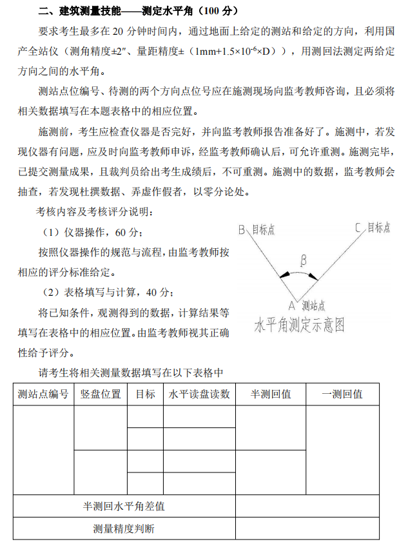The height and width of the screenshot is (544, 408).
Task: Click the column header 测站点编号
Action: [x=43, y=394]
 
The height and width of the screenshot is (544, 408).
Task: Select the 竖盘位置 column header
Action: [x=100, y=394]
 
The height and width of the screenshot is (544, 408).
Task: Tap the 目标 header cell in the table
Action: [x=145, y=394]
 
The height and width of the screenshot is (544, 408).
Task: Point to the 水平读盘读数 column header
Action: [x=199, y=394]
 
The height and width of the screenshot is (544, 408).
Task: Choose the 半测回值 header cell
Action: [x=271, y=394]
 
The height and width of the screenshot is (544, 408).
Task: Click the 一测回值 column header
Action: [x=342, y=394]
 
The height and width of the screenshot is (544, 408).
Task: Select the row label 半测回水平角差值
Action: [x=124, y=506]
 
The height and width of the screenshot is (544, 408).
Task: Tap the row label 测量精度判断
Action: [x=124, y=529]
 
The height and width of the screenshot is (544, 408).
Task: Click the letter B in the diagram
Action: [x=242, y=230]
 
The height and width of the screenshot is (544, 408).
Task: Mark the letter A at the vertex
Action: [x=291, y=306]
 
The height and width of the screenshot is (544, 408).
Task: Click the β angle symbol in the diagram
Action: [x=304, y=260]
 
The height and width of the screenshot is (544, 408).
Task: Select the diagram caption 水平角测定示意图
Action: [x=299, y=324]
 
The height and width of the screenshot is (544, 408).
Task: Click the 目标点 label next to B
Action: [x=262, y=230]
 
